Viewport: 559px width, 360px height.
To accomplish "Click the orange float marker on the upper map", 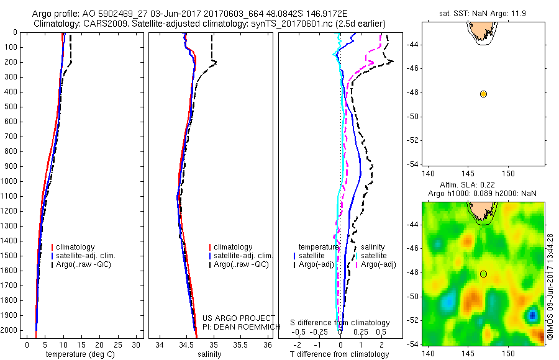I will pyautogui.click(x=483, y=94).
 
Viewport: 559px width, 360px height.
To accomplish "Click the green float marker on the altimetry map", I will pyautogui.click(x=483, y=274).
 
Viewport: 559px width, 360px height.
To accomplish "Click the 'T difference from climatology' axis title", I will pyautogui.click(x=340, y=354).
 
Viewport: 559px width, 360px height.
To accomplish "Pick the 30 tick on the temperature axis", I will pyautogui.click(x=137, y=344).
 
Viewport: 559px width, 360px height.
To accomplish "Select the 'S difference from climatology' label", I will pyautogui.click(x=340, y=323).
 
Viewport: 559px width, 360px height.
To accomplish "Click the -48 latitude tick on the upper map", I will pyautogui.click(x=414, y=93).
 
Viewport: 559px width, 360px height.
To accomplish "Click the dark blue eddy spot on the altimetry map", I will pyautogui.click(x=532, y=315).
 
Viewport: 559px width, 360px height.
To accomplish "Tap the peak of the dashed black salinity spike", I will pyautogui.click(x=215, y=63).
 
